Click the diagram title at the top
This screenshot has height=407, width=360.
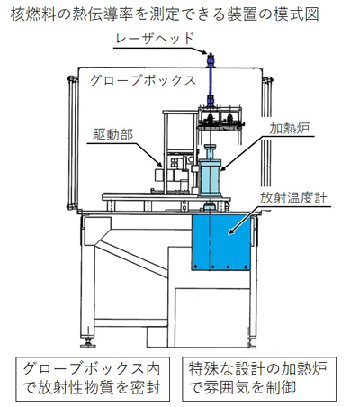pos(165,14)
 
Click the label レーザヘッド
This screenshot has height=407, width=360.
pos(155,39)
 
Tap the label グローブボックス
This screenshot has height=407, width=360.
pos(143,80)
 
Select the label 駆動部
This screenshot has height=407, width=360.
pos(112,135)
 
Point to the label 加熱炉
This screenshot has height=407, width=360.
pos(290,129)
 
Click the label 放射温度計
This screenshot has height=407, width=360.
pos(293,198)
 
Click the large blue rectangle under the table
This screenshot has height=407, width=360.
pos(221,242)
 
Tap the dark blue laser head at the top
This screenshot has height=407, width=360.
pos(211,60)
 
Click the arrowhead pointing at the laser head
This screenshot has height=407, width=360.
pos(204,52)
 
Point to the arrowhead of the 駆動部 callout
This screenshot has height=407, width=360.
pos(159,164)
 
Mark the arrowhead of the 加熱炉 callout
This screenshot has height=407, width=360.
pos(224,168)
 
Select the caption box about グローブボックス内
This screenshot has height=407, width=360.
pos(93,379)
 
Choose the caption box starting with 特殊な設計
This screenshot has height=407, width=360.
pos(259,379)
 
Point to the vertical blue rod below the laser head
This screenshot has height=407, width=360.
pos(211,82)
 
